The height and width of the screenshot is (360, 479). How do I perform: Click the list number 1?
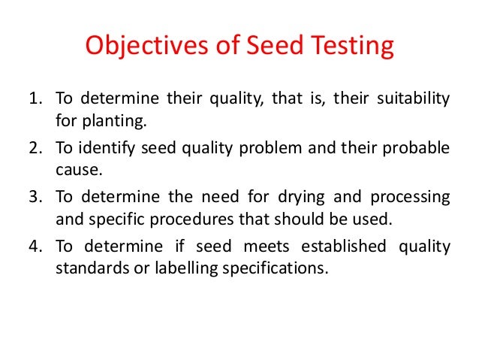(x=35, y=99)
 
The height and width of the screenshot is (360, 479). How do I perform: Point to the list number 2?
(x=35, y=148)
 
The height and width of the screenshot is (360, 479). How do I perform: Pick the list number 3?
(x=35, y=196)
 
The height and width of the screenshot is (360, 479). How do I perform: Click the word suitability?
(x=412, y=99)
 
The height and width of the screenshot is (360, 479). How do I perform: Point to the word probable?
(x=414, y=148)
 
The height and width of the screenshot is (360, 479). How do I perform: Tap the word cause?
(x=74, y=169)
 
